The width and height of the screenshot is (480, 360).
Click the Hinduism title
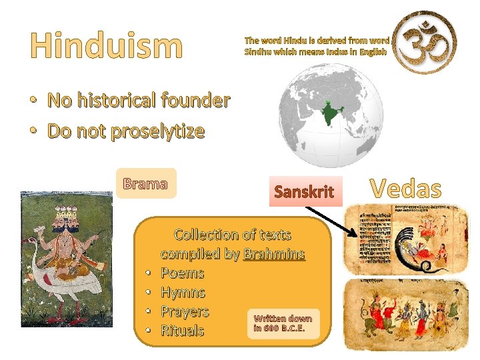tap(106, 45)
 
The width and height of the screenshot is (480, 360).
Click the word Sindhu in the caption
tap(258, 51)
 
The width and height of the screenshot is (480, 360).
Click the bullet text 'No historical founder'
tap(139, 101)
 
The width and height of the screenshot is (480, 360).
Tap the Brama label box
tap(145, 183)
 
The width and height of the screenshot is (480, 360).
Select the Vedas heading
tap(405, 189)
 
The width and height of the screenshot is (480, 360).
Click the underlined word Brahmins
tap(274, 254)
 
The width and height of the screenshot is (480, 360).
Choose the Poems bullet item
tap(182, 273)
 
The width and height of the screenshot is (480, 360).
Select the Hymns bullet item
tap(183, 293)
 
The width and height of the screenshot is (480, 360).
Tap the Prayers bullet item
tap(185, 311)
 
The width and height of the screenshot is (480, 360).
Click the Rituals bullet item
tap(182, 331)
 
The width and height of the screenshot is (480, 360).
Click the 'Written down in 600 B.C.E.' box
tap(283, 323)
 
